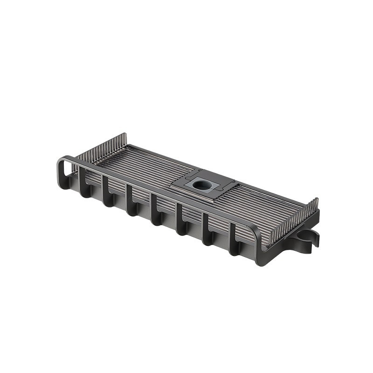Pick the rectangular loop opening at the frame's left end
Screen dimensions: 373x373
point(67,169)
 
